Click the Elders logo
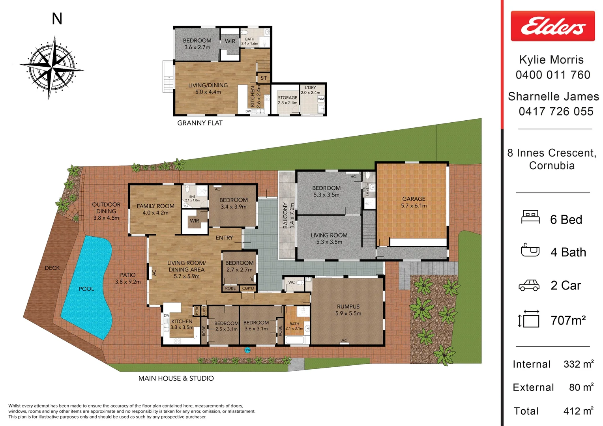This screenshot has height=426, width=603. point(552,26)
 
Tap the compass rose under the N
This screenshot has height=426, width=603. point(52,67)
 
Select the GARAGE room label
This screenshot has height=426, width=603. point(414,199)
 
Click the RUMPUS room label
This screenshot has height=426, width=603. point(348,306)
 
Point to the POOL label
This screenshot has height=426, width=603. point(86,289)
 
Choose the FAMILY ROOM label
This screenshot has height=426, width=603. point(155,206)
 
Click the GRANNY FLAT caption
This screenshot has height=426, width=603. point(200,123)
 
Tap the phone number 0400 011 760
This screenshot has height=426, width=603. point(553,75)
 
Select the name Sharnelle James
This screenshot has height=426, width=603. point(553,97)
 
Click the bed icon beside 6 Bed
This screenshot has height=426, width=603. point(530,217)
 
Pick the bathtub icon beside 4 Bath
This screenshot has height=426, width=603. point(530,250)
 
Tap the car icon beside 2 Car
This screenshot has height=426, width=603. point(529,285)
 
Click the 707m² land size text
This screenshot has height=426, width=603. point(568,320)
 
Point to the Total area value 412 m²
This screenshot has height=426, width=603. point(578,411)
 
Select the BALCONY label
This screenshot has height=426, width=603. point(286,216)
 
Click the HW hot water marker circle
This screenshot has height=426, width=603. point(247,350)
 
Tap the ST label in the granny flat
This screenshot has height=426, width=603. point(264,78)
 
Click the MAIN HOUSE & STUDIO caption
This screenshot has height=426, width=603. point(176,379)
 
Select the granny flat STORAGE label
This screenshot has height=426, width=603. point(287,98)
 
